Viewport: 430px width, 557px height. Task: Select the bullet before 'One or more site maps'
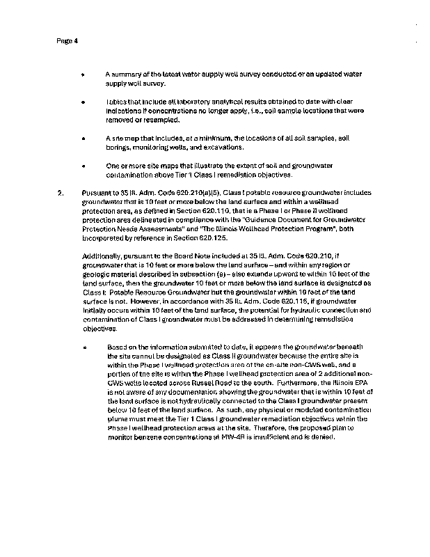coord(83,166)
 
